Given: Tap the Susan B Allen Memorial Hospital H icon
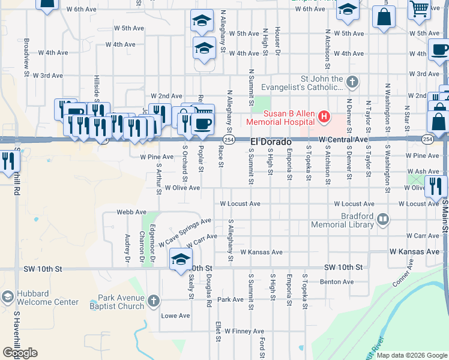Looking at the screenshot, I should coord(325,116).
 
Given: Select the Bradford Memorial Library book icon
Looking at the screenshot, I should coord(382,220).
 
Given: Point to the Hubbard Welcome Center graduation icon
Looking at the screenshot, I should coord(7,297).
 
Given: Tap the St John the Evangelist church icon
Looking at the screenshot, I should coord(353,80).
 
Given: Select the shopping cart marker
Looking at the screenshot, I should coord(420,9).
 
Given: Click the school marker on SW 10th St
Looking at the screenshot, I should coord(180,260).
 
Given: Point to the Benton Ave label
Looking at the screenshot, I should coord(337,281).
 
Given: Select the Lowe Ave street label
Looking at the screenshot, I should coord(175,316).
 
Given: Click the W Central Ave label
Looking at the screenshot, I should coord(343,139).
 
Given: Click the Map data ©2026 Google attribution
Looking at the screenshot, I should coord(412,355).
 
